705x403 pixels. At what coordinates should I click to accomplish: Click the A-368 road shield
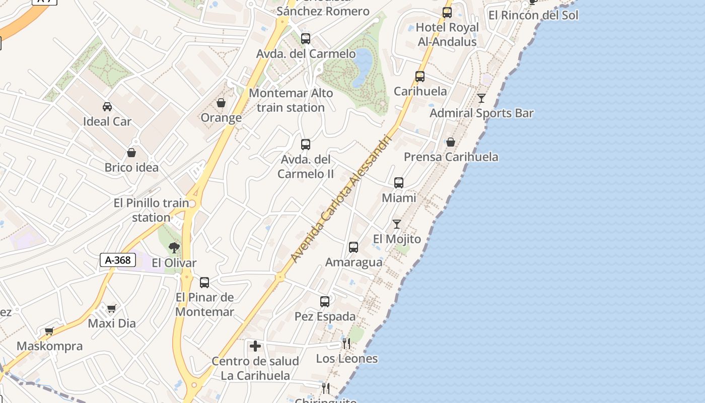118,260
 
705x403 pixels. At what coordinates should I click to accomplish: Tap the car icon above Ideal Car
107,106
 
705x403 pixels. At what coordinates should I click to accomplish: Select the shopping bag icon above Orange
221,103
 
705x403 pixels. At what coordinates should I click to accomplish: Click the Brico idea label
131,167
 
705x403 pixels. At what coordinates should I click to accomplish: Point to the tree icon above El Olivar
174,247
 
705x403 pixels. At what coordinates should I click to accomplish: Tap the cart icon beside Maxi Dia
111,308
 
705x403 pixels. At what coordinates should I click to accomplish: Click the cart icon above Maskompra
49,331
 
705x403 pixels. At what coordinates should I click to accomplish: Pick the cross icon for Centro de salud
255,346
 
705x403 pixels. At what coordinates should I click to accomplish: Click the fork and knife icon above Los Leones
346,344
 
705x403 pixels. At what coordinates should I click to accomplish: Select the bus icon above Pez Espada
325,302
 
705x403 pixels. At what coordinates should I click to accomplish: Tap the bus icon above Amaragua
354,247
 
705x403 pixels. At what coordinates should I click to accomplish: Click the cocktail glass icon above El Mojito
397,224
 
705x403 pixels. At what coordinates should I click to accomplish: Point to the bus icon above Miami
399,183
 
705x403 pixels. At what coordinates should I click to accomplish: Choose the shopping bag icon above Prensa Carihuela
451,142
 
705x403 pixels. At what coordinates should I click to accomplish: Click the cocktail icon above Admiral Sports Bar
481,98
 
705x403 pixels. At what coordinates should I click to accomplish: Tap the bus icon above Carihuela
420,77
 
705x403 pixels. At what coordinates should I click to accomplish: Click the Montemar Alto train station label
291,100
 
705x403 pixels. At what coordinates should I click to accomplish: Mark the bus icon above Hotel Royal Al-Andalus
447,13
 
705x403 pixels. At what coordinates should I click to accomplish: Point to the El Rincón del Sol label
533,15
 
